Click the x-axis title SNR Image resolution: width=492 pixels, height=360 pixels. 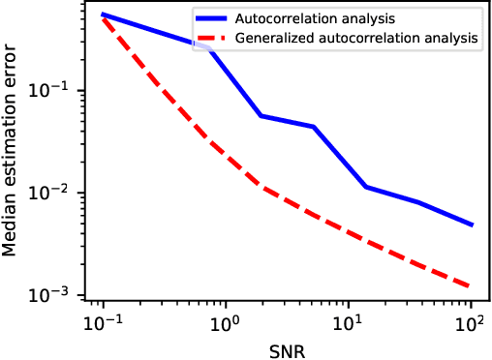click(287, 348)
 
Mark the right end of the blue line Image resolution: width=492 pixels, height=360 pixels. click(472, 225)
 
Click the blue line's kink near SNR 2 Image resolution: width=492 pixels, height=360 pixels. click(261, 116)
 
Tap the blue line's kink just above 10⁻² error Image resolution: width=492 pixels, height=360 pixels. click(365, 187)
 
